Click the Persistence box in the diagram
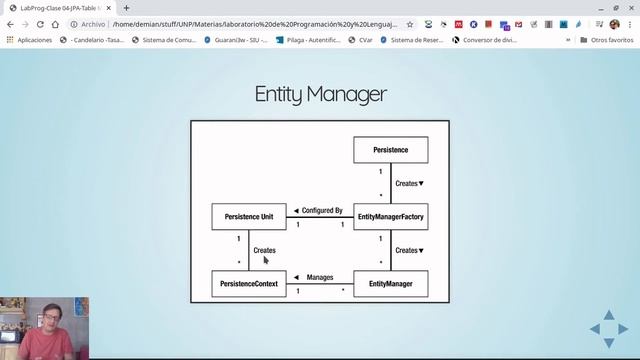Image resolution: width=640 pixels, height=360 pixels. pos(390,150)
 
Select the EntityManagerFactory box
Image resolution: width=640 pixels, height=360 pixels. pos(390,216)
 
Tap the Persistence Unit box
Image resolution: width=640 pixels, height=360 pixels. pos(249,216)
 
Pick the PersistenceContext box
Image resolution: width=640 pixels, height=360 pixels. pos(249,284)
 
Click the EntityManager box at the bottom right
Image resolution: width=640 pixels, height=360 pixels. pos(390,284)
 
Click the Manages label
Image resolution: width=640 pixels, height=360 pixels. pos(319,277)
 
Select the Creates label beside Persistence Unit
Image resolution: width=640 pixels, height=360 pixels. pos(264,250)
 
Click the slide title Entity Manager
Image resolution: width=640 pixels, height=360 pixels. pos(320,95)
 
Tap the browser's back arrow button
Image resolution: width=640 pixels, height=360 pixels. pos(11,23)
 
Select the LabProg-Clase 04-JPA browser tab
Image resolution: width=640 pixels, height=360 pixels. pos(60,7)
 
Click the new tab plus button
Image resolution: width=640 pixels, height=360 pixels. pos(126,7)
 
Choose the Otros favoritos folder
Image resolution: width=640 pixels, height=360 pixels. pos(606,40)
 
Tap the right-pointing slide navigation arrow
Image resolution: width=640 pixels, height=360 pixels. pos(623,329)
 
